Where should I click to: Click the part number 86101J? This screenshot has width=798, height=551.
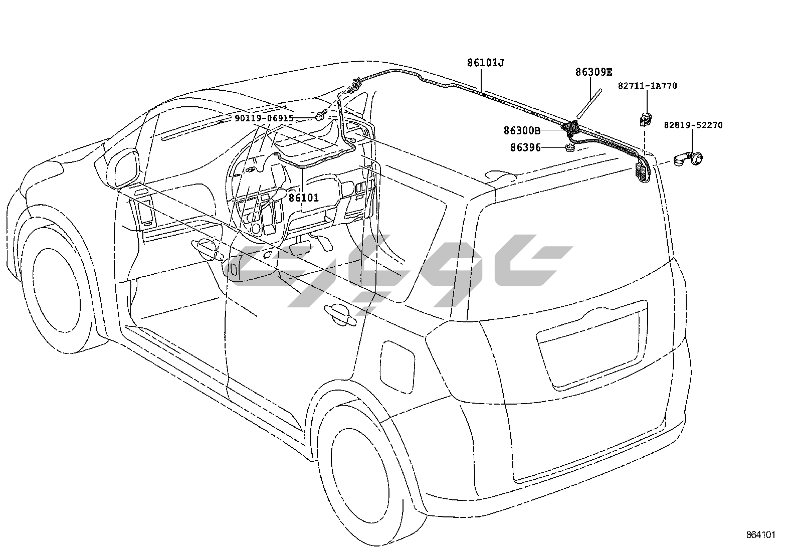(x=485, y=63)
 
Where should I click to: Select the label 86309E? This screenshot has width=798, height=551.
(x=593, y=72)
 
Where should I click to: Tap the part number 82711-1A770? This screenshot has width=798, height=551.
(x=647, y=86)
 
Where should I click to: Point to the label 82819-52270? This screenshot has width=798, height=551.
(x=693, y=125)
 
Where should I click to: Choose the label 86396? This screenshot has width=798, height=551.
(x=525, y=148)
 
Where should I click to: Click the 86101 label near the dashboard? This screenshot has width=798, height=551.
(x=304, y=198)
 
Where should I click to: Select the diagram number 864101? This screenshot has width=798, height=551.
(x=761, y=535)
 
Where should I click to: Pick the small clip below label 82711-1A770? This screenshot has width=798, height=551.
(x=644, y=118)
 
